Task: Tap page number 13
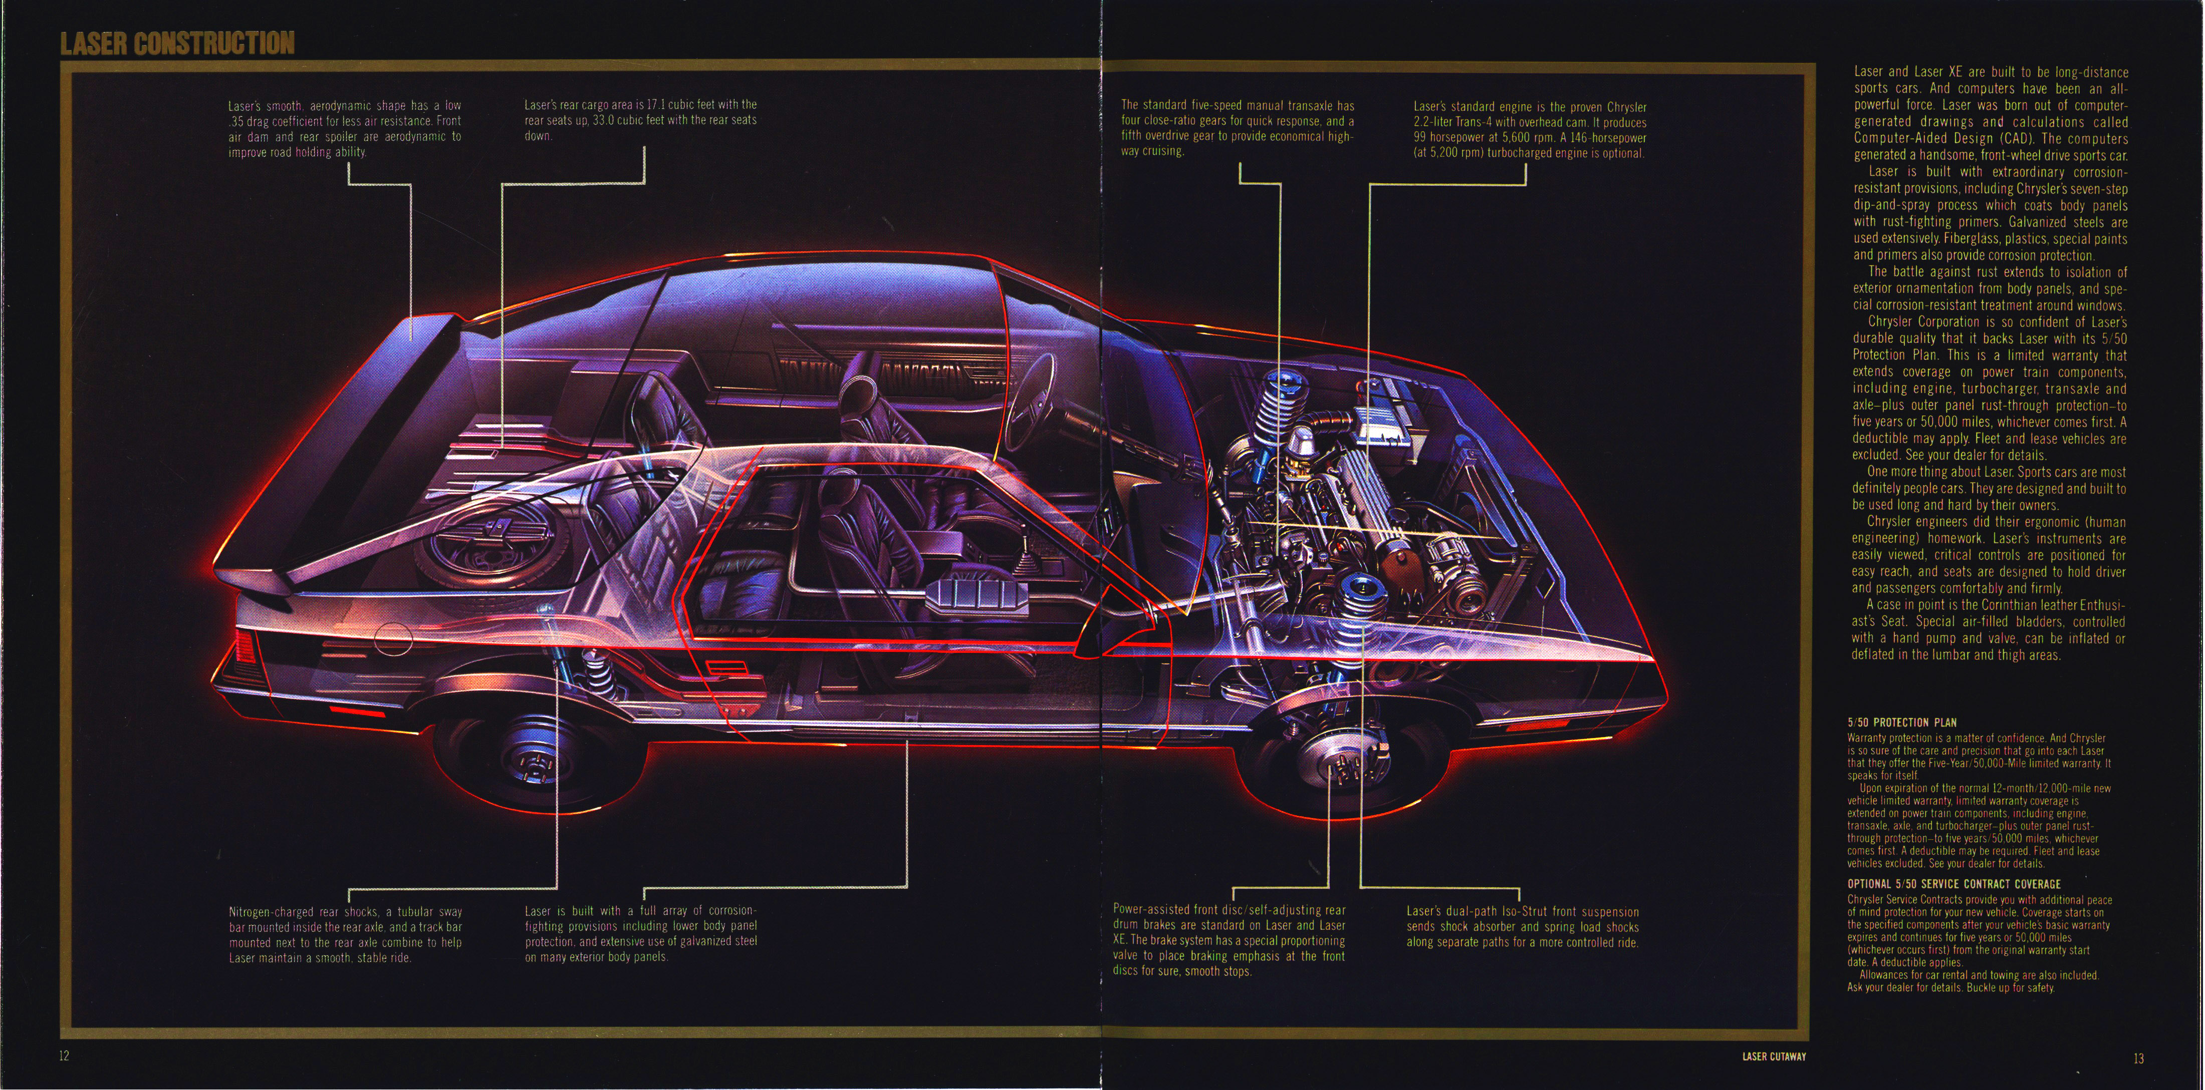tap(2138, 1058)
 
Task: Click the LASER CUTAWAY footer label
tap(1774, 1056)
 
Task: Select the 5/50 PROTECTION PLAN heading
tap(1901, 722)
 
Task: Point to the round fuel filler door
tap(393, 638)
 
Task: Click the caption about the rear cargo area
tap(640, 120)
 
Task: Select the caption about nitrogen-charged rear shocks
tap(345, 934)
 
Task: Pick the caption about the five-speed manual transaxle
tap(1237, 128)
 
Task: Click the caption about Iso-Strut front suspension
tap(1522, 927)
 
